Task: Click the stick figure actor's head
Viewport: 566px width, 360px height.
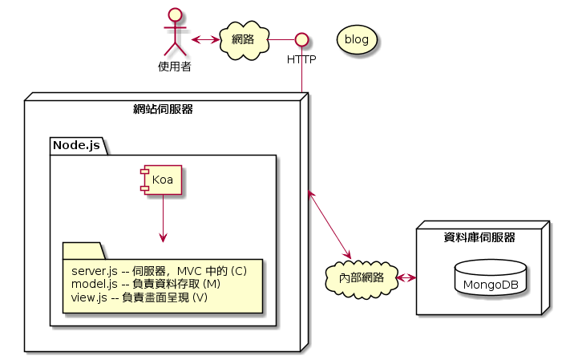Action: [174, 15]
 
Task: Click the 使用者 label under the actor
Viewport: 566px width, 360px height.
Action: [174, 67]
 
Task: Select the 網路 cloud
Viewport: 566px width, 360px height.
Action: [243, 38]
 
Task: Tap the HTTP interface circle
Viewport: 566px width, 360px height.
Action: [301, 38]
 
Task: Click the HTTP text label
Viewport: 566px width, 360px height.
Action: [301, 59]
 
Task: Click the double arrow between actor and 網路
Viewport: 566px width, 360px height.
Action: [205, 38]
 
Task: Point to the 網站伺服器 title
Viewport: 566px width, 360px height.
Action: [163, 109]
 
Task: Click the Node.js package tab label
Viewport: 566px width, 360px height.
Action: [76, 145]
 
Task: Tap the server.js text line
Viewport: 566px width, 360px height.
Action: [159, 271]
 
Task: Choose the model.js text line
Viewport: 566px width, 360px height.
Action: [145, 284]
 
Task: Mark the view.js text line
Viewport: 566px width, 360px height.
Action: [139, 297]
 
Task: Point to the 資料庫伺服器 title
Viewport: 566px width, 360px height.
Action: [479, 237]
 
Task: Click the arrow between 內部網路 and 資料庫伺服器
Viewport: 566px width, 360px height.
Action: [406, 278]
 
